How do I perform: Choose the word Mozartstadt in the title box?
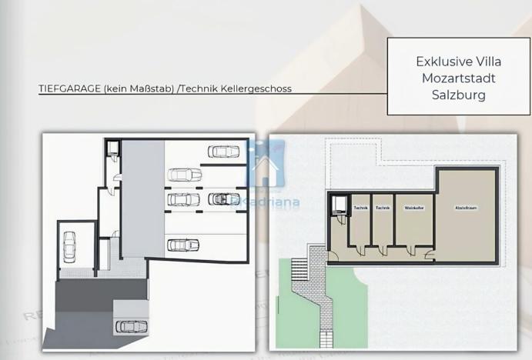click(x=459, y=78)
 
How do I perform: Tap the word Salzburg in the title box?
click(x=459, y=95)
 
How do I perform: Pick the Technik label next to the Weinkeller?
click(x=383, y=208)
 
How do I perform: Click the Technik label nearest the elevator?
click(x=360, y=208)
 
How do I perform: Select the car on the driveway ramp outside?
click(x=130, y=326)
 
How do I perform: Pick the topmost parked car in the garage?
click(x=222, y=152)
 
